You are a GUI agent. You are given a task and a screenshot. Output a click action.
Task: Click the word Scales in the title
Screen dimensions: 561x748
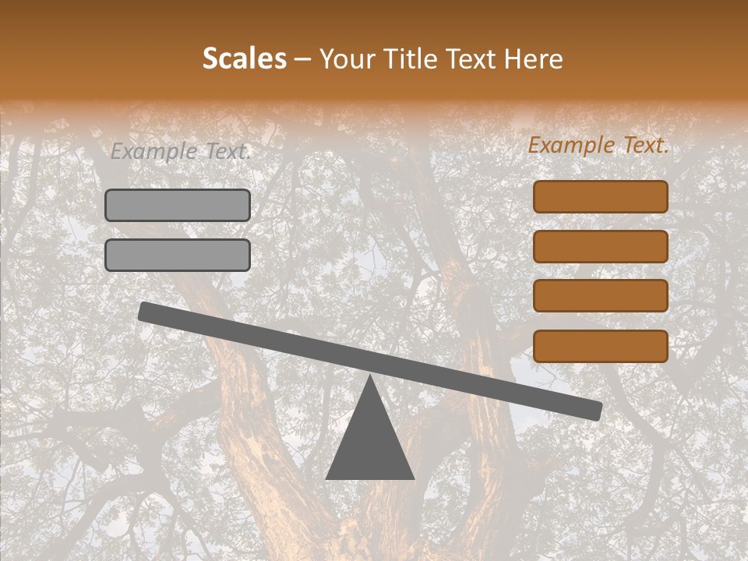(244, 58)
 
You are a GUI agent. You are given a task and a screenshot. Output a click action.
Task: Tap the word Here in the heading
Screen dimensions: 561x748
(533, 58)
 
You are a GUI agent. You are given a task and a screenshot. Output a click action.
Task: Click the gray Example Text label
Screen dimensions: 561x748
(181, 152)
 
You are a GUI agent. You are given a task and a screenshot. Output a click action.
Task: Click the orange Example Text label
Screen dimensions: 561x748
(598, 146)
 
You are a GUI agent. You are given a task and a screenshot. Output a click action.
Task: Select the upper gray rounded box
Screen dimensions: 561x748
(178, 205)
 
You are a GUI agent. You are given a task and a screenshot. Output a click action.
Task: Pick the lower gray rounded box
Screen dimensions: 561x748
(178, 255)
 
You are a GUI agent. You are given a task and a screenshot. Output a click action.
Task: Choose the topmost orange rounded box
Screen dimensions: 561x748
(600, 196)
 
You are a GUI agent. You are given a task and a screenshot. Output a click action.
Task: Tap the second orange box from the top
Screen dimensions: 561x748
(600, 246)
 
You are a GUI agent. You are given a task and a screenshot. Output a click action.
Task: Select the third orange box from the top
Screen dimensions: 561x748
(600, 296)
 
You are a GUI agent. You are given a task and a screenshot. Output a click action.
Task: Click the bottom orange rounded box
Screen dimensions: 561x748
(600, 346)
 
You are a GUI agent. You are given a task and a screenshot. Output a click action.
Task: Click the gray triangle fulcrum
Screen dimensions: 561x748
(369, 440)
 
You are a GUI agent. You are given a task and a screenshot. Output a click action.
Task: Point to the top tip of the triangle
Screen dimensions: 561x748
(369, 377)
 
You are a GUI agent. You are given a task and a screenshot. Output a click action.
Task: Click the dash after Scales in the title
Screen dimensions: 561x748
(303, 59)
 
